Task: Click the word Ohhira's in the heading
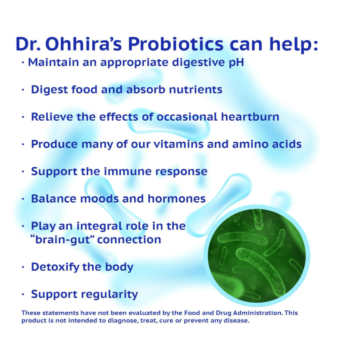coord(83,44)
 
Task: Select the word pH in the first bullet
coord(237,63)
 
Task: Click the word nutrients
coord(196,90)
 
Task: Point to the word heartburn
coord(250,117)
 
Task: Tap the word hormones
coord(177,199)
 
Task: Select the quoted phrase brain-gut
coord(63,240)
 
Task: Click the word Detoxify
coord(55,267)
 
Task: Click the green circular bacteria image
coord(257,256)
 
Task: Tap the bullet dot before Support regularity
coord(23,294)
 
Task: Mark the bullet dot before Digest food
coord(23,90)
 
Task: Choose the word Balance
coord(53,199)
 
